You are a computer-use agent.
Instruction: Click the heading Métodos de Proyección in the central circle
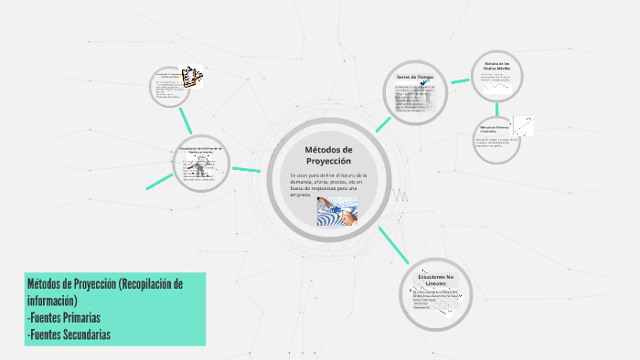click(x=327, y=155)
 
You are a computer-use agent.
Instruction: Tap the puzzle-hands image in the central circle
click(x=336, y=212)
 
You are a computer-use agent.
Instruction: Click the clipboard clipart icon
click(x=191, y=77)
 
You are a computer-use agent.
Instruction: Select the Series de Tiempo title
click(x=414, y=77)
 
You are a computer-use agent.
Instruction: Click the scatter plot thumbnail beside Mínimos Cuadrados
click(x=524, y=125)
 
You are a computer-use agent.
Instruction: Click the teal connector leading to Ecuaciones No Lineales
click(x=393, y=243)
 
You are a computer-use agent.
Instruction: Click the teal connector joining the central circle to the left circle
click(x=247, y=169)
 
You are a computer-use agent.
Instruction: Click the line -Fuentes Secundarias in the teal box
click(x=69, y=334)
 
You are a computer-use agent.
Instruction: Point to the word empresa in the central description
click(x=301, y=195)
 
